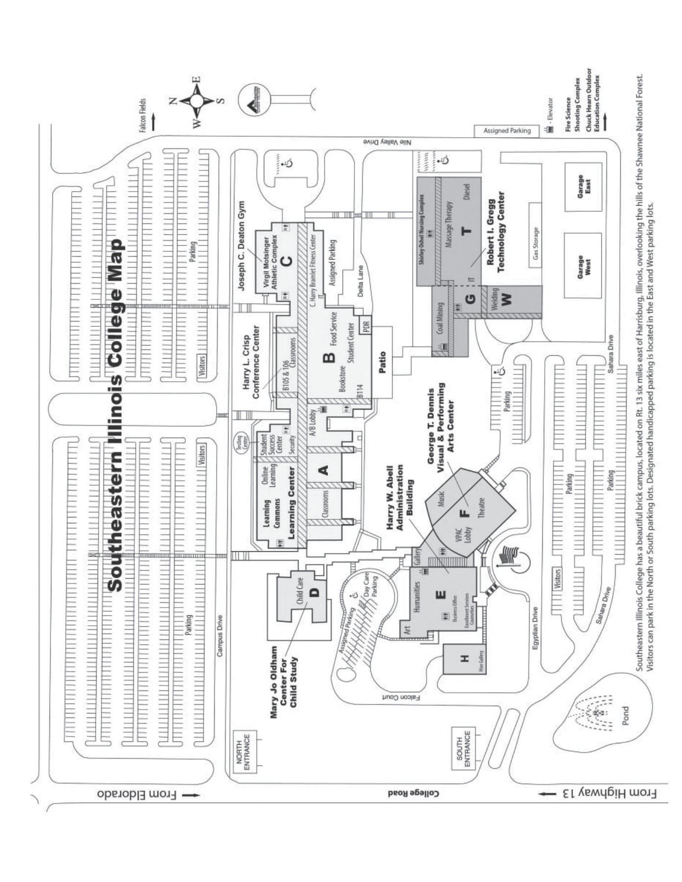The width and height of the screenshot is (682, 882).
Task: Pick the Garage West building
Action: pos(583,266)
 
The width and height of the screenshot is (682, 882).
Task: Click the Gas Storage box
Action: pos(535,235)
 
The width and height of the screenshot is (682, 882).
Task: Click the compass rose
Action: pos(196,101)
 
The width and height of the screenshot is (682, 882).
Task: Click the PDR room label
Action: pos(366,326)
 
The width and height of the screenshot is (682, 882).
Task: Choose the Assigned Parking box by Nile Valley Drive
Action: pos(506,131)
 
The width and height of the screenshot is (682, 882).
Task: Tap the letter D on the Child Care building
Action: pos(314,591)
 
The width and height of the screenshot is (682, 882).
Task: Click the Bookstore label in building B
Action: pos(342,378)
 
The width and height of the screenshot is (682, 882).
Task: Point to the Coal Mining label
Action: pos(440,318)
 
